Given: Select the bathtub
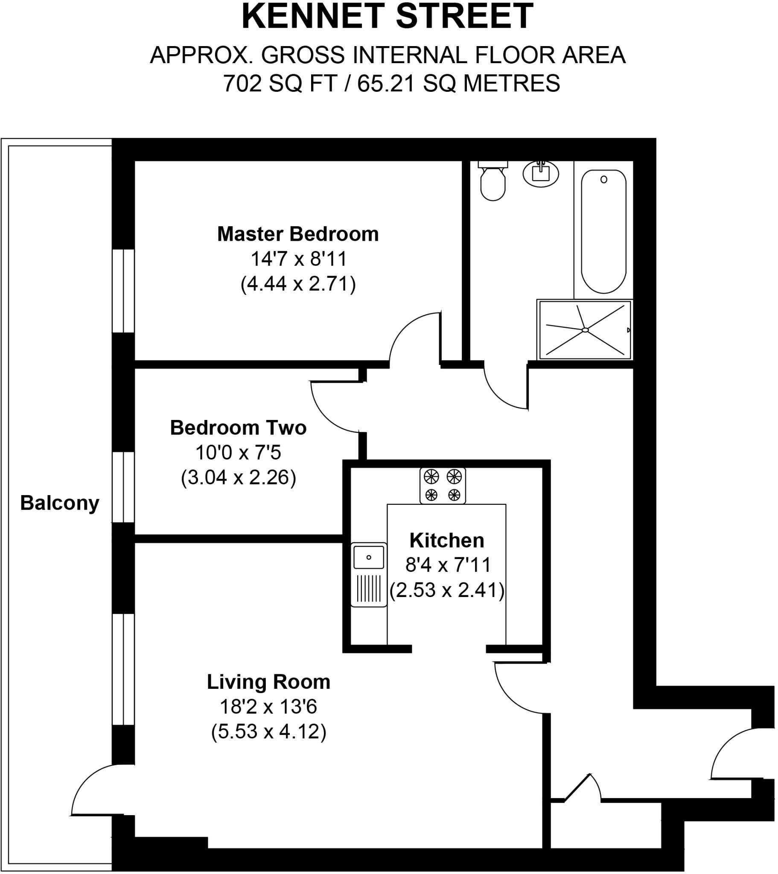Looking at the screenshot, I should pyautogui.click(x=603, y=231).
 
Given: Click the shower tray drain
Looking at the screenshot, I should pyautogui.click(x=585, y=330).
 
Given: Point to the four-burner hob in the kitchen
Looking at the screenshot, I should pyautogui.click(x=443, y=486).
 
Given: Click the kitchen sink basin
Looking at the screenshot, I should pyautogui.click(x=369, y=557).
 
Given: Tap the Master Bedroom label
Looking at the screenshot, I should pyautogui.click(x=298, y=234).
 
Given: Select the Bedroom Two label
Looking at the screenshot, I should pyautogui.click(x=238, y=428).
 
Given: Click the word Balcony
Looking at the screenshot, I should pyautogui.click(x=59, y=503).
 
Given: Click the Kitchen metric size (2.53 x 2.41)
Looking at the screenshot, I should pyautogui.click(x=447, y=590).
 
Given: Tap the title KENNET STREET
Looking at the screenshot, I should pyautogui.click(x=388, y=17).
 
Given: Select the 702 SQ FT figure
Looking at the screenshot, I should pyautogui.click(x=280, y=83).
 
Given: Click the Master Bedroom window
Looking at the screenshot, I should pyautogui.click(x=124, y=291).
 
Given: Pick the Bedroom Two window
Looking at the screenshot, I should pyautogui.click(x=124, y=487).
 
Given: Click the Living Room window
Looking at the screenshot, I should pyautogui.click(x=124, y=669).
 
